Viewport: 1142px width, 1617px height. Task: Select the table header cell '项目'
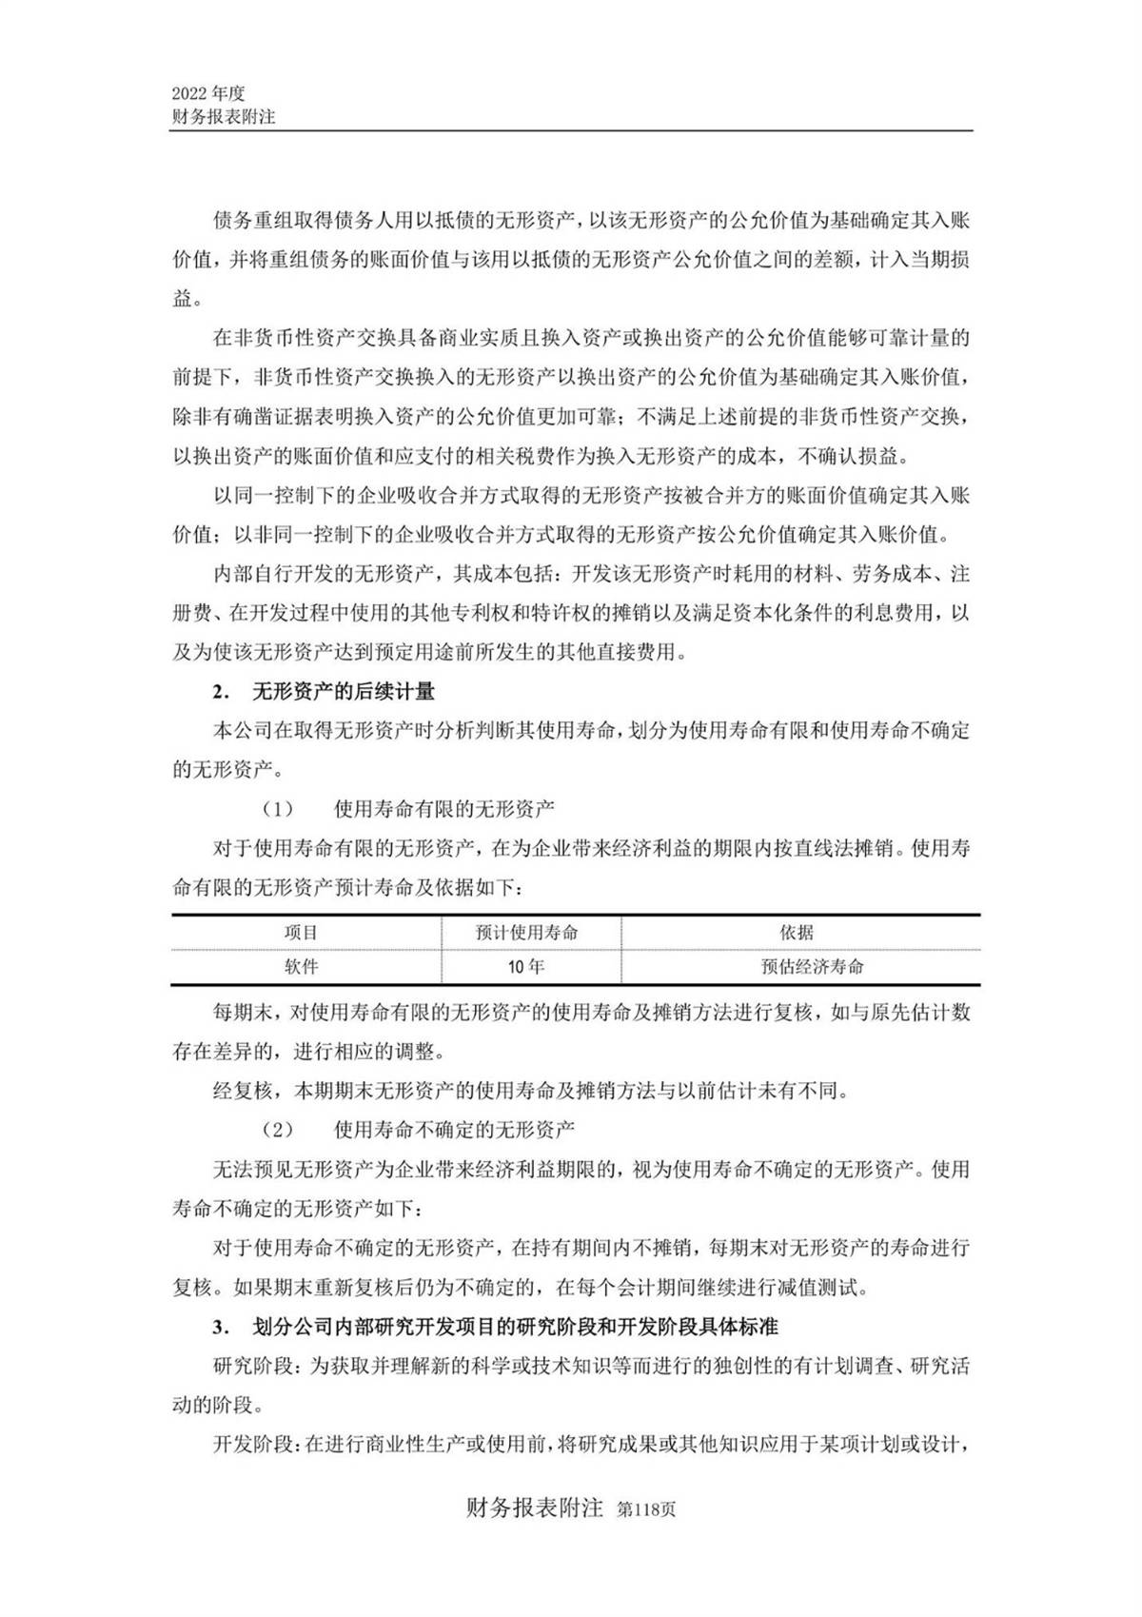click(302, 933)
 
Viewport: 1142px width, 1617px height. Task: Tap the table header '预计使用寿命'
click(527, 933)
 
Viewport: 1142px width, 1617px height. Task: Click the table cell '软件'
click(302, 966)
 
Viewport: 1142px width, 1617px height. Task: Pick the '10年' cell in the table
click(527, 966)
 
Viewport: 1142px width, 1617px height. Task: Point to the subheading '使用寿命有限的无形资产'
click(444, 810)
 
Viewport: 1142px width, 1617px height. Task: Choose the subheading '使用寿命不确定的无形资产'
click(455, 1130)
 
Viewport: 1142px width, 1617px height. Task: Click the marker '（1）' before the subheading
click(278, 810)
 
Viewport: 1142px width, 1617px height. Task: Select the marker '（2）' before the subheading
click(278, 1130)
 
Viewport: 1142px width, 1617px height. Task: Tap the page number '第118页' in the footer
click(647, 1510)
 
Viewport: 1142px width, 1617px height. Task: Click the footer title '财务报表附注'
click(536, 1509)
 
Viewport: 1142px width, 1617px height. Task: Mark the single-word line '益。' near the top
click(187, 299)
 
